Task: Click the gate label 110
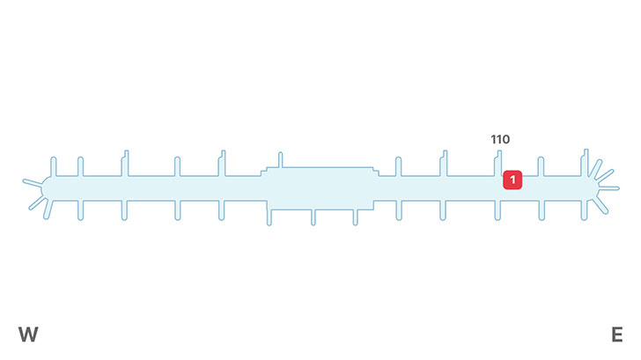click(500, 139)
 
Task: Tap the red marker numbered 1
click(512, 180)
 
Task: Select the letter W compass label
click(28, 334)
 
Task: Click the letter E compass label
click(616, 334)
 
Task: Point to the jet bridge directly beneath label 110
click(499, 162)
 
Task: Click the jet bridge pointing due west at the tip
click(32, 183)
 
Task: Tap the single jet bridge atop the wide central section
click(280, 159)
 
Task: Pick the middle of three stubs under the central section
click(313, 217)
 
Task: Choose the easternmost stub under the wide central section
click(357, 217)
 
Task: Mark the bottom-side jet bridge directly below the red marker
click(498, 209)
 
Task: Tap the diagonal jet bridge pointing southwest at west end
click(37, 203)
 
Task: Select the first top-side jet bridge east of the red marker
click(541, 165)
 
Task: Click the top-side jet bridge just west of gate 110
click(444, 162)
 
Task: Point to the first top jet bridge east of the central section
click(398, 165)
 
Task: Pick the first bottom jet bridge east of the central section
click(401, 209)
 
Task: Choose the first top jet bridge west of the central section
click(222, 162)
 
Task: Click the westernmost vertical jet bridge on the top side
click(54, 165)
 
